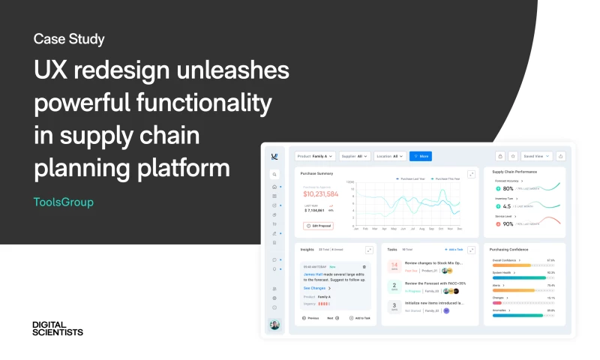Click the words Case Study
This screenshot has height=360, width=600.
pos(69,39)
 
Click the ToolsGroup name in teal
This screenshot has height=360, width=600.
pos(64,202)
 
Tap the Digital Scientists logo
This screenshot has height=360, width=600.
pos(58,328)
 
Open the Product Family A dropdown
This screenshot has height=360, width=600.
pos(315,156)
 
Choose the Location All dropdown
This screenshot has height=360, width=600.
pos(390,156)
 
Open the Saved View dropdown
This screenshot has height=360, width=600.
pos(537,156)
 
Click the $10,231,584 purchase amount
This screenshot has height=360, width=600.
pos(321,194)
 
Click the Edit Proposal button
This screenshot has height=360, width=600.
pos(319,226)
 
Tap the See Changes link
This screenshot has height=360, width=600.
pos(315,288)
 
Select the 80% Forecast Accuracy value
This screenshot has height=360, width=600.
pos(508,189)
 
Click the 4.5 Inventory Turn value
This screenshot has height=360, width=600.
pos(506,206)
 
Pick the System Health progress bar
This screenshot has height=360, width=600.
pos(518,277)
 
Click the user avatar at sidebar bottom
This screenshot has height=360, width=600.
pos(274,325)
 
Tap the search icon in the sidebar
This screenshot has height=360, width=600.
pos(274,174)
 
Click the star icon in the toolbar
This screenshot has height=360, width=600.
pos(513,156)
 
